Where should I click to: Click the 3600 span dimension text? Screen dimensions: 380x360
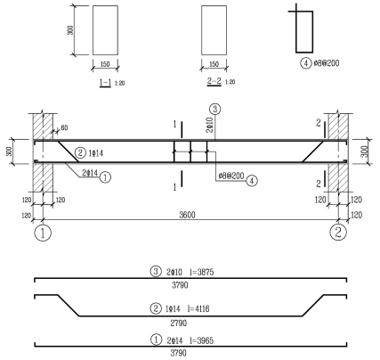[x=187, y=215]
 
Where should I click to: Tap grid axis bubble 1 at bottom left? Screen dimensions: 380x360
[x=43, y=233]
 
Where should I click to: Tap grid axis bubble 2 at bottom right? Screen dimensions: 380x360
[x=338, y=232]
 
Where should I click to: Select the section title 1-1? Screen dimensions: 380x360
[x=105, y=82]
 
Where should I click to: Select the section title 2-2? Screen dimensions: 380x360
[x=214, y=81]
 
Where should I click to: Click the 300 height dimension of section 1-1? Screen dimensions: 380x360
[x=70, y=30]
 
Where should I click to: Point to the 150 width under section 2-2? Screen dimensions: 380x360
[x=214, y=64]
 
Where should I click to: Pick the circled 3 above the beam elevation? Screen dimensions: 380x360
[x=215, y=109]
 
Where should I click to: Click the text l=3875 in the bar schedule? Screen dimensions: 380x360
[x=202, y=272]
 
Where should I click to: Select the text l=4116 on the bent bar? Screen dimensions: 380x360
[x=198, y=309]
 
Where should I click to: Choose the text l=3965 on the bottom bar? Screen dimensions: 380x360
[x=202, y=340]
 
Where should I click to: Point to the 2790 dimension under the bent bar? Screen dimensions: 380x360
[x=179, y=323]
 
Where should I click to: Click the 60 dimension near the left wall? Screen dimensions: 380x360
[x=64, y=127]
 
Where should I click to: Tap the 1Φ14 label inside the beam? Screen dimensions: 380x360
[x=96, y=153]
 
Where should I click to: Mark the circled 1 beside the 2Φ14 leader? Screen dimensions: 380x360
[x=105, y=177]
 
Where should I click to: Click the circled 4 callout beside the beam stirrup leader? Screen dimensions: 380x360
[x=252, y=180]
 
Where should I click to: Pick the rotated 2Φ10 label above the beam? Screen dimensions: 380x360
[x=209, y=125]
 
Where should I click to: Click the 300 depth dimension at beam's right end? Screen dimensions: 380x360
[x=366, y=151]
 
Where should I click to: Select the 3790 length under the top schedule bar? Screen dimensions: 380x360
[x=180, y=285]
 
